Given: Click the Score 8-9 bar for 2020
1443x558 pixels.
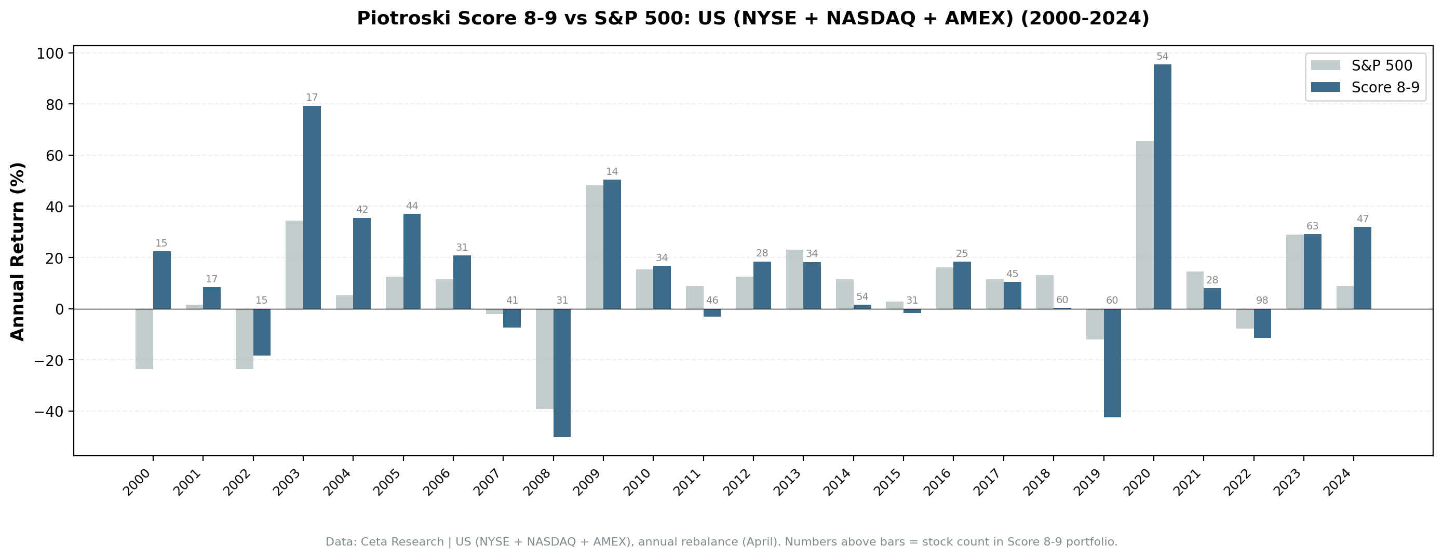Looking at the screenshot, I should pyautogui.click(x=1163, y=186).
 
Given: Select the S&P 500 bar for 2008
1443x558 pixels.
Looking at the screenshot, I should pyautogui.click(x=545, y=359).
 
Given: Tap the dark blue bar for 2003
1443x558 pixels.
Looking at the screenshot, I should pyautogui.click(x=312, y=207).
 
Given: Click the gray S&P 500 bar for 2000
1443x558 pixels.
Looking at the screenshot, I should pyautogui.click(x=144, y=339).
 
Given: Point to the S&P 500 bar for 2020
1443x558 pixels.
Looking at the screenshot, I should pyautogui.click(x=1144, y=225).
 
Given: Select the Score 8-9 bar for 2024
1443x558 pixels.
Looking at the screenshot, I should pyautogui.click(x=1363, y=268).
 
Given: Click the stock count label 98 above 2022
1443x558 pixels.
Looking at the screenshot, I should pyautogui.click(x=1262, y=301).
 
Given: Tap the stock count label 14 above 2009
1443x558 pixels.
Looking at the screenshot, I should pyautogui.click(x=612, y=171).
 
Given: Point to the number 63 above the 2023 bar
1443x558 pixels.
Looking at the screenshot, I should pyautogui.click(x=1313, y=226).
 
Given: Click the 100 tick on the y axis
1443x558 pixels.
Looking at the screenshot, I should pyautogui.click(x=50, y=54).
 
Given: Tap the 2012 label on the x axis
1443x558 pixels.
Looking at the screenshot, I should pyautogui.click(x=738, y=483).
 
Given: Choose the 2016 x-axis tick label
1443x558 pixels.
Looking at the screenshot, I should pyautogui.click(x=938, y=483).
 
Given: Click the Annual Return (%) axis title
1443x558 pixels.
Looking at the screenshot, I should pyautogui.click(x=18, y=251).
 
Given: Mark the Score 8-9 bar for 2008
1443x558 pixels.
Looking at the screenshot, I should pyautogui.click(x=562, y=373).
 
